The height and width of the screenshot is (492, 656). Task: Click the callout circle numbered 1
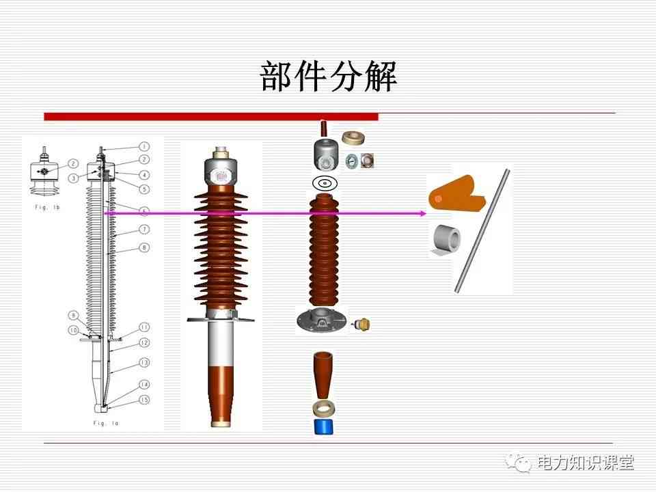(144, 146)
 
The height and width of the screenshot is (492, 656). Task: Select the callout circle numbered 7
(144, 230)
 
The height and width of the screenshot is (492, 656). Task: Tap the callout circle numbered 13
(144, 362)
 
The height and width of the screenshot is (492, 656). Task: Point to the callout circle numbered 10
(74, 330)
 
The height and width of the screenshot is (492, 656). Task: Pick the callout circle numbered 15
(144, 400)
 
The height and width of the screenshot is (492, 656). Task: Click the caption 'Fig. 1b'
(47, 207)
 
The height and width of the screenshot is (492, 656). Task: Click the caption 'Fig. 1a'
(106, 424)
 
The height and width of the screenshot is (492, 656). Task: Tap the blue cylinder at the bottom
(324, 426)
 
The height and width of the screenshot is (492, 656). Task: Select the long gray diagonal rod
(482, 231)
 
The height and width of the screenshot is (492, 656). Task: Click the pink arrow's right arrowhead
(423, 213)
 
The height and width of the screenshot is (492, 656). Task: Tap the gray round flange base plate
(322, 320)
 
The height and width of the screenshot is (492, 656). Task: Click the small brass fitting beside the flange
(362, 324)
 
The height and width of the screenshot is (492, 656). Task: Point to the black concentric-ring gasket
(325, 183)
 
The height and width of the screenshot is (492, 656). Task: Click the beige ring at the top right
(353, 137)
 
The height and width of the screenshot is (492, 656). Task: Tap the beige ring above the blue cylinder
(324, 409)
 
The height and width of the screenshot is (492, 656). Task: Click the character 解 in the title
(381, 76)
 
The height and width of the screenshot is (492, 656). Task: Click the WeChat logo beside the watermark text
(518, 462)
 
